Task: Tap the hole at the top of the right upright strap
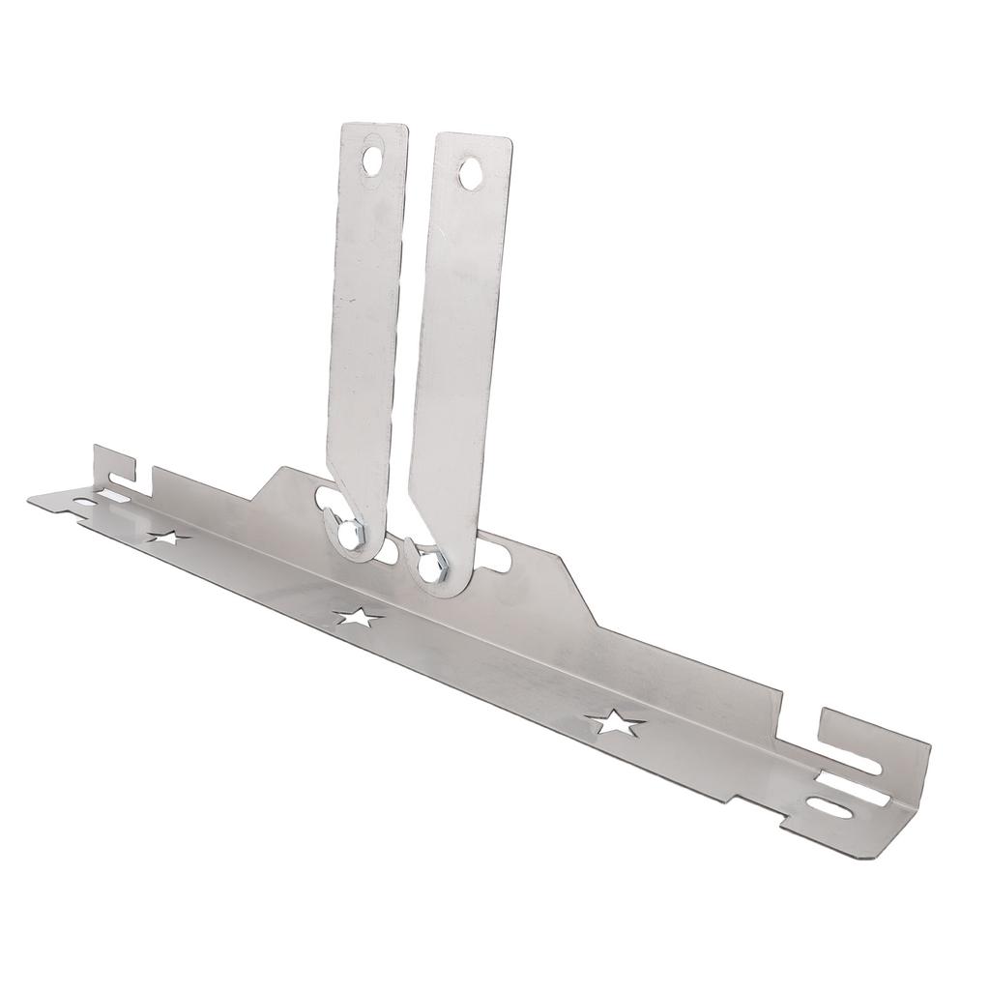tap(470, 173)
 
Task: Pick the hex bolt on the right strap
tap(432, 561)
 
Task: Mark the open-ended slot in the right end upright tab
tap(853, 763)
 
